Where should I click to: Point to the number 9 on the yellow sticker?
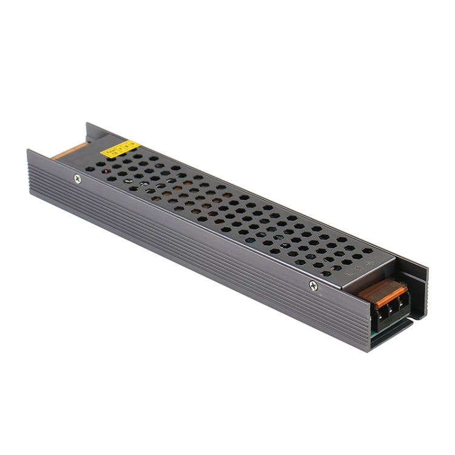tap(132, 146)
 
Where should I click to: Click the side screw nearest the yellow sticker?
tap(77, 178)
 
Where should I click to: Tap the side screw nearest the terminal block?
tap(313, 285)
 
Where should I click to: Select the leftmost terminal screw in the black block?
tap(369, 309)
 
